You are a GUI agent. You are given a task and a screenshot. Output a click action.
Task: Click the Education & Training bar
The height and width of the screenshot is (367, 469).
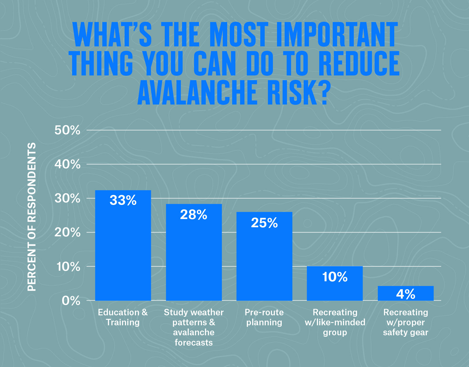click(x=123, y=250)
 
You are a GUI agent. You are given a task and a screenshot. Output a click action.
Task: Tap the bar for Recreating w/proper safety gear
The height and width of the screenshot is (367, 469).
click(x=406, y=293)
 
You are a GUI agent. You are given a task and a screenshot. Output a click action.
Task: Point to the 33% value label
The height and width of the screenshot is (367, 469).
click(x=123, y=200)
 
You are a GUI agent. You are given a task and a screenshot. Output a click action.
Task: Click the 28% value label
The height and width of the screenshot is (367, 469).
click(x=193, y=215)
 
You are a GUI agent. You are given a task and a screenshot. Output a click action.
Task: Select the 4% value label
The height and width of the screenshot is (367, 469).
click(x=406, y=294)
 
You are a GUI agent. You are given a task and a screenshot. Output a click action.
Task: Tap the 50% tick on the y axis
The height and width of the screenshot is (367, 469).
click(x=67, y=130)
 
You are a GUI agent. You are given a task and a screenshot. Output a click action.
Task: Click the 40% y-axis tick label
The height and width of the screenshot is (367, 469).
click(x=67, y=164)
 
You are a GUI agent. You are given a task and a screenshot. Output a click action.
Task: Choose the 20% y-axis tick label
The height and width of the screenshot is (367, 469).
click(x=67, y=233)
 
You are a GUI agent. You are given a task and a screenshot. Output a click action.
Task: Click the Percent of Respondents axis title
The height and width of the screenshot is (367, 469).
click(x=32, y=217)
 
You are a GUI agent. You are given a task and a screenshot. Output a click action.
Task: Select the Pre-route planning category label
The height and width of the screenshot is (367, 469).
click(x=264, y=317)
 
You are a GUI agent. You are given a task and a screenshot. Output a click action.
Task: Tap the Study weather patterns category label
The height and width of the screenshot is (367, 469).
click(x=193, y=327)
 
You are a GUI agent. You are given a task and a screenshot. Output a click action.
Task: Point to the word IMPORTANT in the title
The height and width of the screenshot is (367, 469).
click(x=337, y=35)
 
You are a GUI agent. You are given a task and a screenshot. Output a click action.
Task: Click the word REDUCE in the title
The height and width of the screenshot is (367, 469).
click(x=359, y=63)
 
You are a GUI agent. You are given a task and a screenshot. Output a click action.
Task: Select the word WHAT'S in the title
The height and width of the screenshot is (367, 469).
click(x=113, y=35)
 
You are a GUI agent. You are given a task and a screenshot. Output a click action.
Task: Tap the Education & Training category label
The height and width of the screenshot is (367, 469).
click(x=123, y=317)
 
